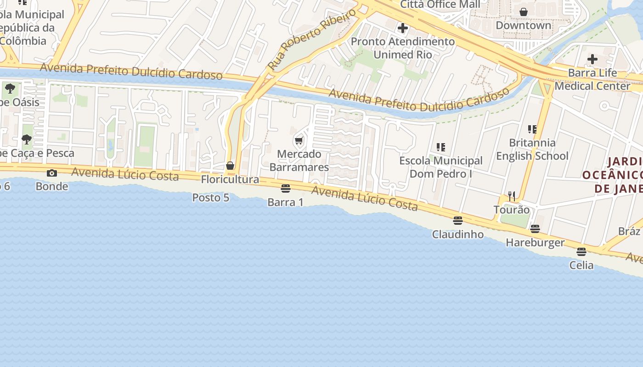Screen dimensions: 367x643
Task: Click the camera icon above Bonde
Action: [x=52, y=173]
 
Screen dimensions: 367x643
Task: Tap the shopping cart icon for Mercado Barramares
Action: [x=299, y=140]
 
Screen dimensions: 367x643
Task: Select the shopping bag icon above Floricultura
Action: [x=230, y=166]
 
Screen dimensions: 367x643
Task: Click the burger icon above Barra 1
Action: [x=286, y=189]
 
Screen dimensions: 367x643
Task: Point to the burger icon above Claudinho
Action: [x=457, y=221]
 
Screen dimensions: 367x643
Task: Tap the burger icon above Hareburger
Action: [x=535, y=228]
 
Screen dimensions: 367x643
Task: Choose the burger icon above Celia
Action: [x=581, y=252]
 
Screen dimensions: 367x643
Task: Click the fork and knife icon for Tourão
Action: [x=512, y=196]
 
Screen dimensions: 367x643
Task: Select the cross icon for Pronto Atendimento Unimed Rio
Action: [x=403, y=28]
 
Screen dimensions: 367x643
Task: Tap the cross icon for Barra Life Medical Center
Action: [x=592, y=59]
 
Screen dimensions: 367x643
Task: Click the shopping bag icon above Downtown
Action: [x=524, y=12]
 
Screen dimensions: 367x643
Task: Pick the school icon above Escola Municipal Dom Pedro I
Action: [x=441, y=147]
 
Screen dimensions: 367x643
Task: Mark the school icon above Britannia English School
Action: [x=532, y=129]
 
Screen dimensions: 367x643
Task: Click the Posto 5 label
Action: [x=210, y=198]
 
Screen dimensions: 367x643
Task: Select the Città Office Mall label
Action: [x=440, y=5]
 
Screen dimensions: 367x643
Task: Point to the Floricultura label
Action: [x=230, y=179]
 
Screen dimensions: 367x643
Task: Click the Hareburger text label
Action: [x=535, y=242]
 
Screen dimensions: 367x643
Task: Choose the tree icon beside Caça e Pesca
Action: [x=27, y=139]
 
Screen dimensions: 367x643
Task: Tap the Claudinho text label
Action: [x=457, y=234]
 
